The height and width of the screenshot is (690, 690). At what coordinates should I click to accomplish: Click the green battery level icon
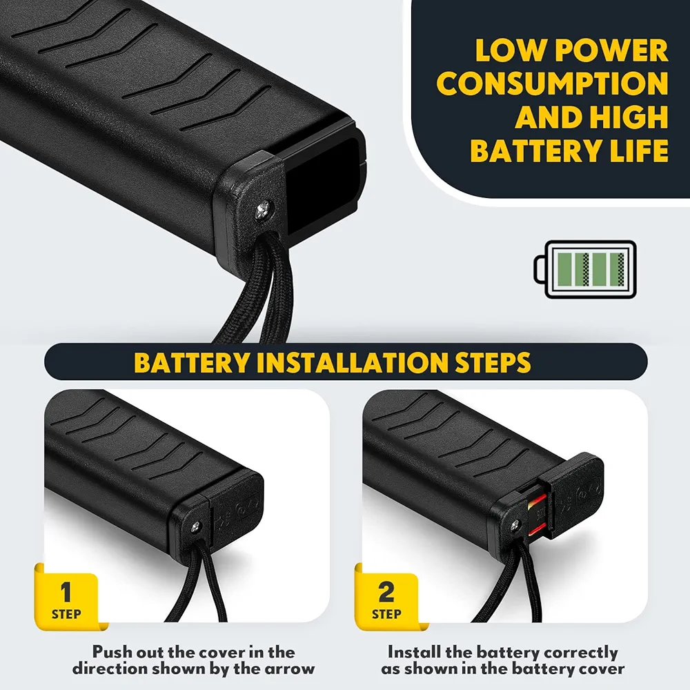tap(589, 269)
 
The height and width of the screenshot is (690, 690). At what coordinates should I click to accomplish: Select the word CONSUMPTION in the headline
tap(553, 84)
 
